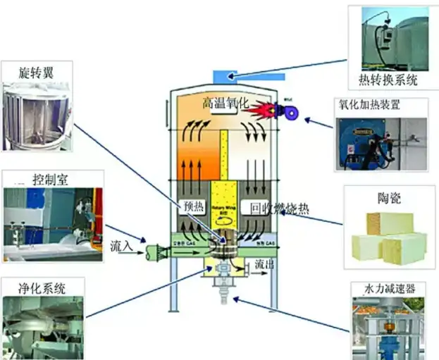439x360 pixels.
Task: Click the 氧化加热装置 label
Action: point(381,106)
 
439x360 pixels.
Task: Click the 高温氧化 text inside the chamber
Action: point(225,103)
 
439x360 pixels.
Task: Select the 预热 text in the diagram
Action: point(194,208)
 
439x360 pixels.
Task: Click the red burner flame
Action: point(267,111)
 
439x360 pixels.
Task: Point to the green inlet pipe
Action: point(158,251)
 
